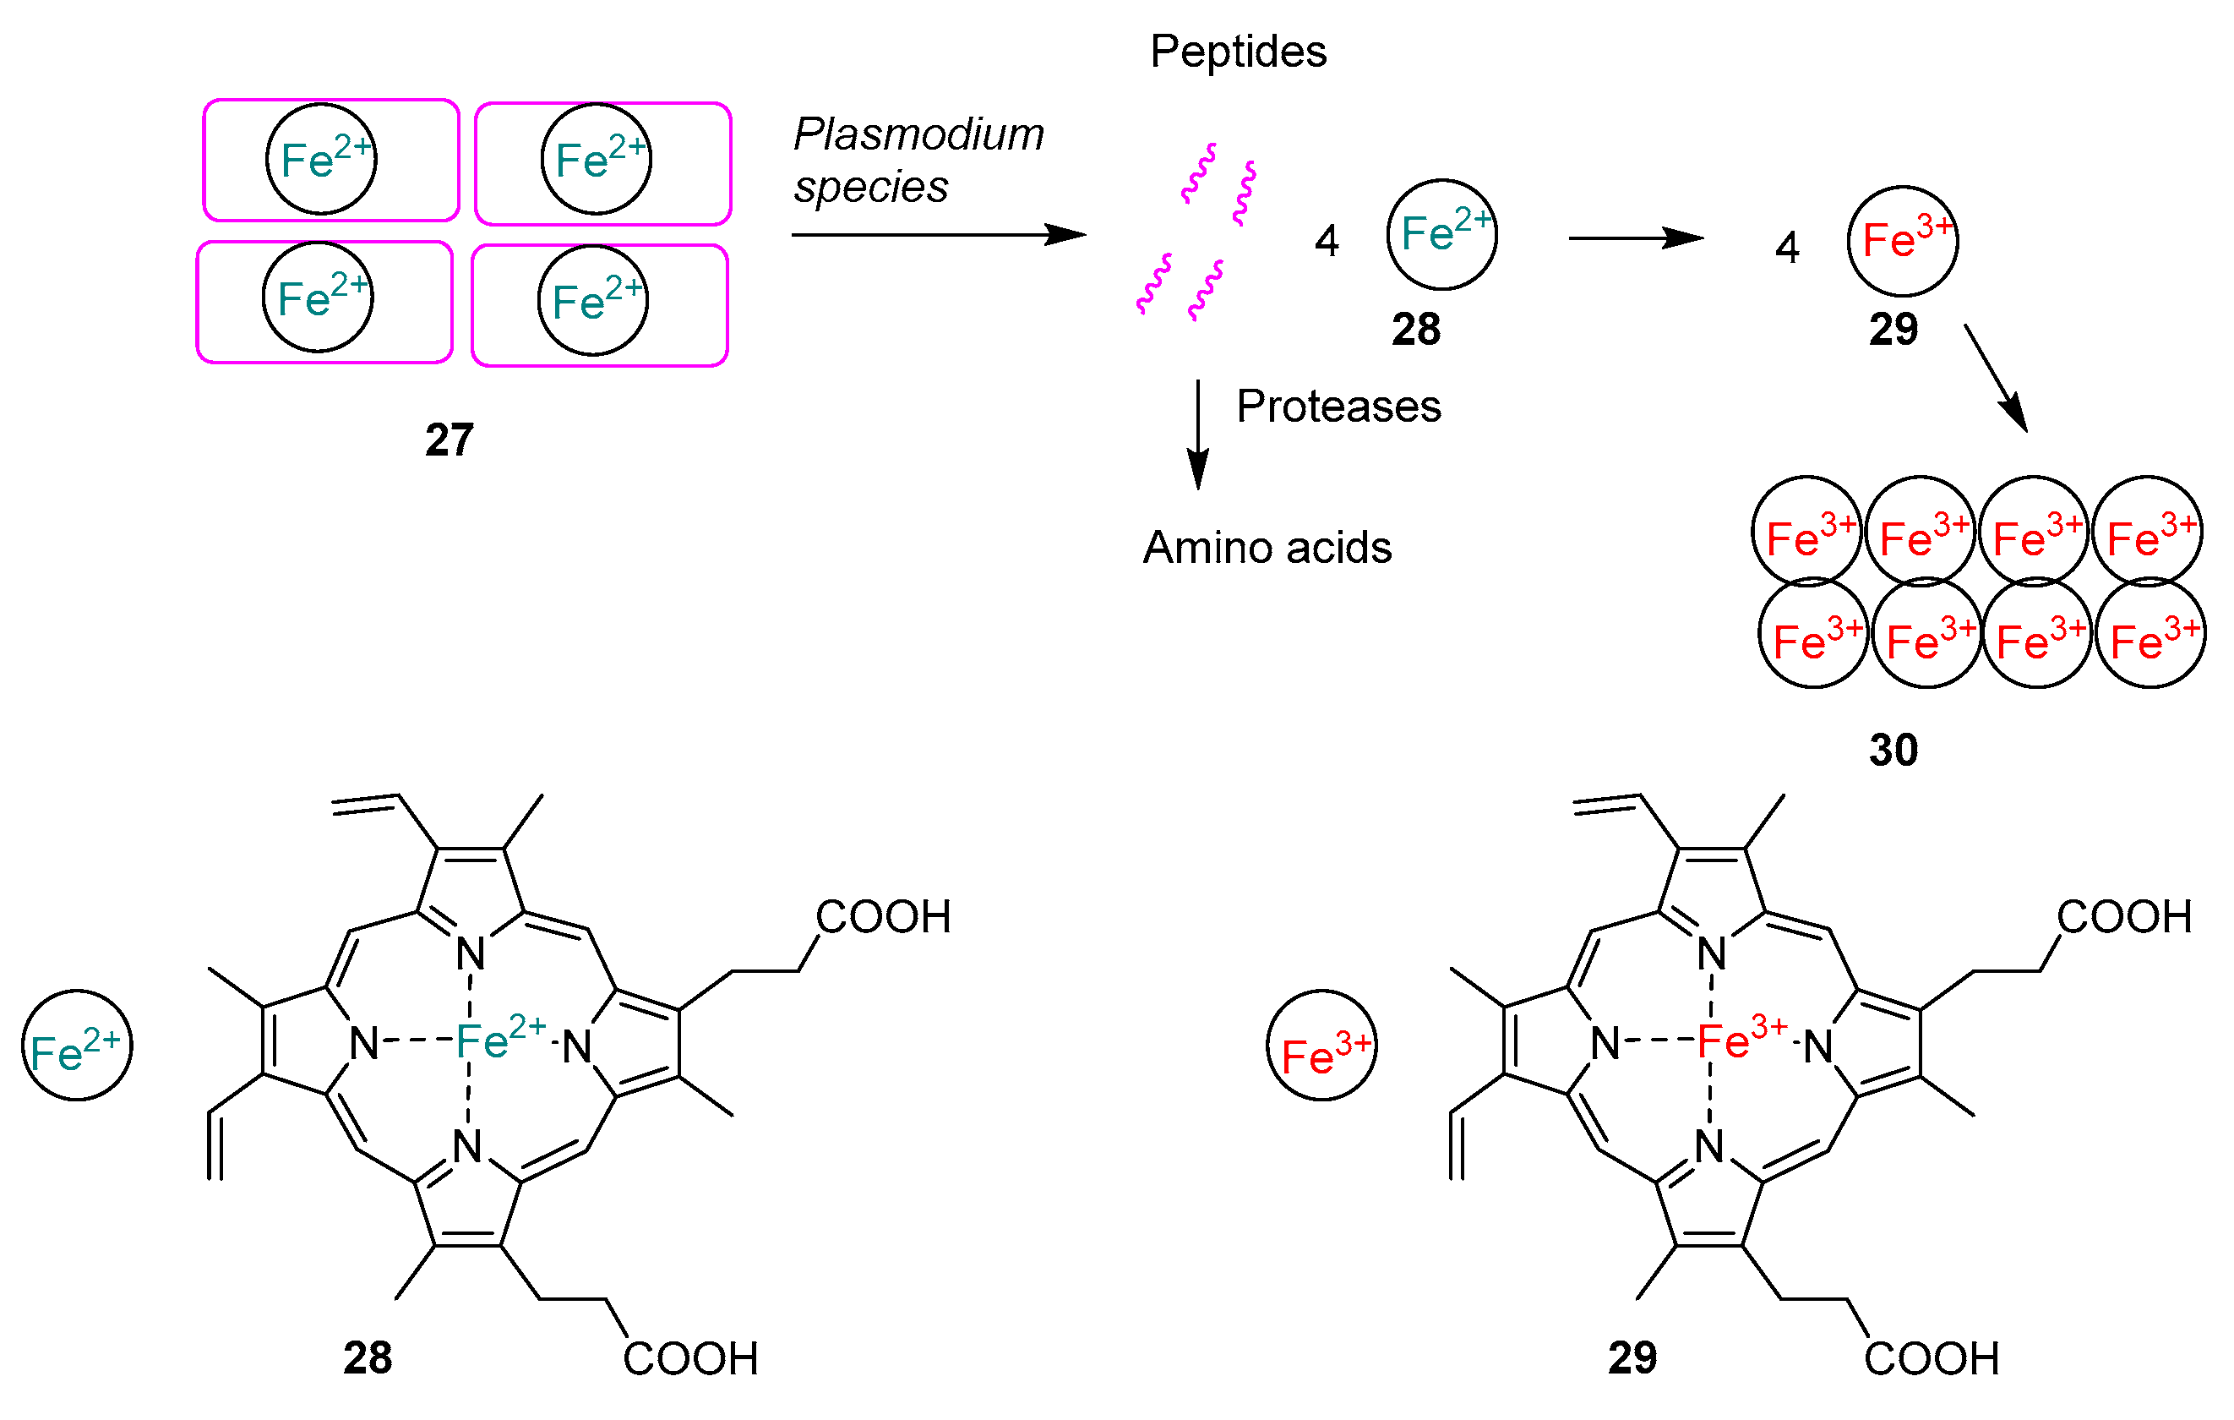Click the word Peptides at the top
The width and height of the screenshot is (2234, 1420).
tap(1238, 52)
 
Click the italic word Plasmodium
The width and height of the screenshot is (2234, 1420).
tap(918, 135)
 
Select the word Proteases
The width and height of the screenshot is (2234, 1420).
tap(1338, 407)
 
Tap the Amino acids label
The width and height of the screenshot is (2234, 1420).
tap(1267, 548)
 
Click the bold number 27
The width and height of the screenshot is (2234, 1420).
tap(449, 440)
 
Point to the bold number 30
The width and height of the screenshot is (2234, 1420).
tap(1893, 750)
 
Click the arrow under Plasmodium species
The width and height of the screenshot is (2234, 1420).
tap(937, 235)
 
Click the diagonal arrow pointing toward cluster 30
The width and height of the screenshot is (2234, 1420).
tap(1996, 378)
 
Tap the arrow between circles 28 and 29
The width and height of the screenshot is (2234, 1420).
tap(1636, 238)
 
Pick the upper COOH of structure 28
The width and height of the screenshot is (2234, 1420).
tap(882, 917)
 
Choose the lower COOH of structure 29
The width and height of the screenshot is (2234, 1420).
tap(1932, 1359)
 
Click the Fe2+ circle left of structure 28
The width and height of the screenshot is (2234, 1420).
tap(77, 1045)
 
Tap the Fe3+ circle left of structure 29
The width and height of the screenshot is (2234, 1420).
tap(1321, 1045)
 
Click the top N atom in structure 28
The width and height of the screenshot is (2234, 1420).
tap(471, 953)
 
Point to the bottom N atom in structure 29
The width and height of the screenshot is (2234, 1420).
tap(1709, 1146)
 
